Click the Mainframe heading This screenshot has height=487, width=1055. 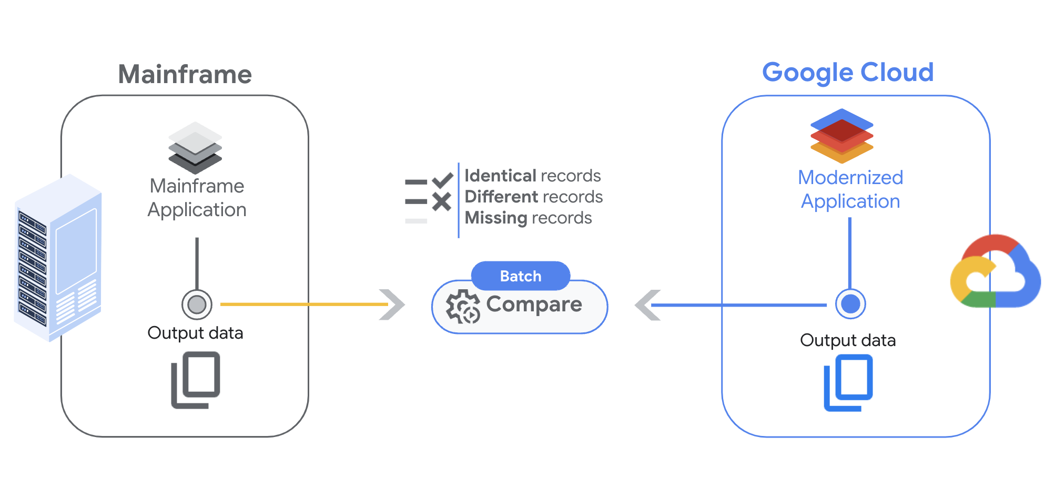[185, 74]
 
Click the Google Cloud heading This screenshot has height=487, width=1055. [847, 72]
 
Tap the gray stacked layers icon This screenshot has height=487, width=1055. [195, 148]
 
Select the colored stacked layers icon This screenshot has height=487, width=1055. [841, 136]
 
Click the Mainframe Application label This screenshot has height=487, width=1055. [197, 198]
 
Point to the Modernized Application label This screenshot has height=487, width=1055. [850, 189]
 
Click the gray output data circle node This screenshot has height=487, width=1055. [197, 304]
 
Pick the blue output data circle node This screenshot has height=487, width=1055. [850, 303]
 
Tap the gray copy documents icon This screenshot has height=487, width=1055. [196, 380]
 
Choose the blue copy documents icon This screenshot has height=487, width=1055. [848, 382]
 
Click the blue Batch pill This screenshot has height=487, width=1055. [520, 276]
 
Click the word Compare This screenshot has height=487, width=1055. [534, 304]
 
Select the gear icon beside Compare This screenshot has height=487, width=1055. [463, 307]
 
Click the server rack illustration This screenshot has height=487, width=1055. [58, 258]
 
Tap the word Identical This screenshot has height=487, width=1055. [500, 175]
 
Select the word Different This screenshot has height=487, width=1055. [500, 196]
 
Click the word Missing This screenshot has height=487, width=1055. [495, 217]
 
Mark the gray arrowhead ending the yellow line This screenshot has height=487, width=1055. [392, 305]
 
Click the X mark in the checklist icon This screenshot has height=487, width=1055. [441, 201]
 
